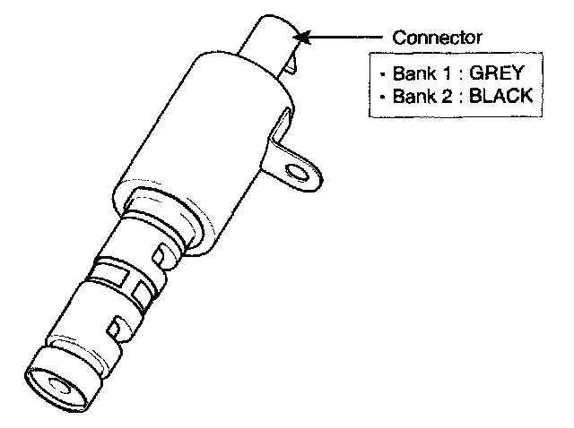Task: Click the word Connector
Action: click(438, 38)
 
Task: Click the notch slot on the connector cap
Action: click(289, 63)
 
